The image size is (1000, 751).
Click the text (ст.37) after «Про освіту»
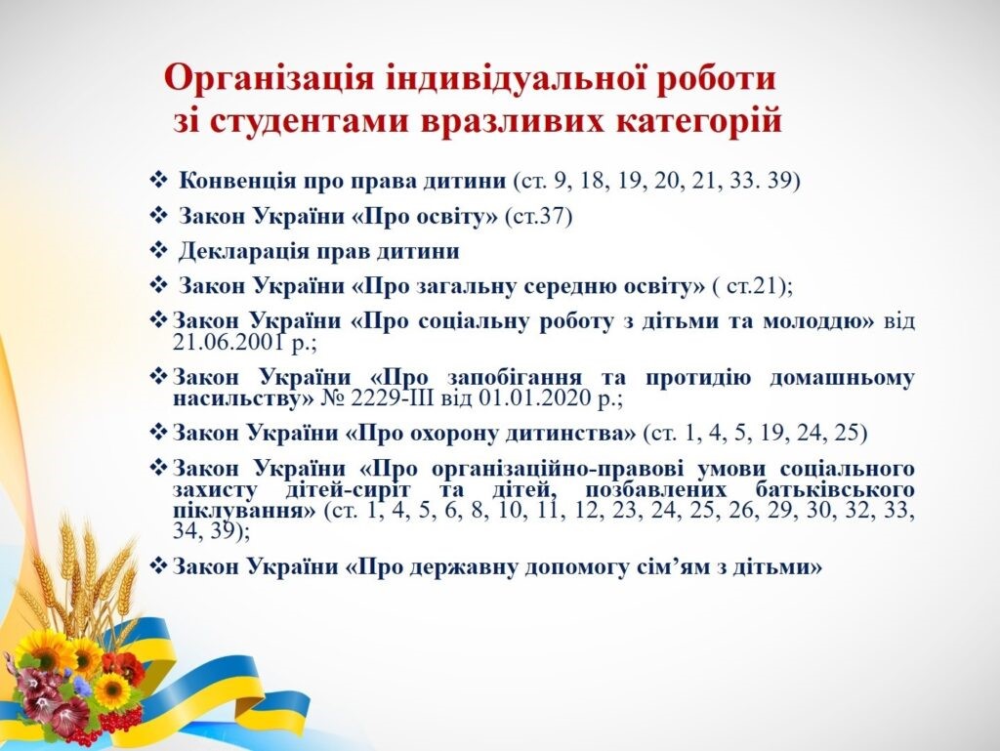click(538, 217)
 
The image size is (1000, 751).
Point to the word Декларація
click(245, 252)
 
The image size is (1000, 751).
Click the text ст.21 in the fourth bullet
click(751, 286)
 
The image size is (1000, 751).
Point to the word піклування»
click(244, 512)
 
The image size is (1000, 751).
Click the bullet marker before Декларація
click(158, 250)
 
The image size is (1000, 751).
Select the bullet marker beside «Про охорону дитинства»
click(158, 432)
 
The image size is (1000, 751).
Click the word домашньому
click(842, 378)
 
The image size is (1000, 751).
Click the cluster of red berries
click(121, 720)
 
